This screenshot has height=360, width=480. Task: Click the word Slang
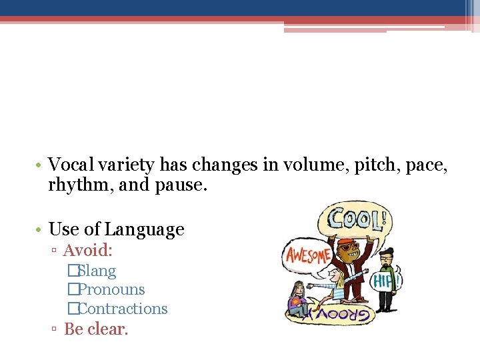(x=97, y=271)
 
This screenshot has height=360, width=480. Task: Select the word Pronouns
(x=111, y=290)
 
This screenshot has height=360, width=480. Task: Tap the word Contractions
(x=123, y=309)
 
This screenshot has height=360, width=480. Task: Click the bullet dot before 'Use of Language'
(x=40, y=230)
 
